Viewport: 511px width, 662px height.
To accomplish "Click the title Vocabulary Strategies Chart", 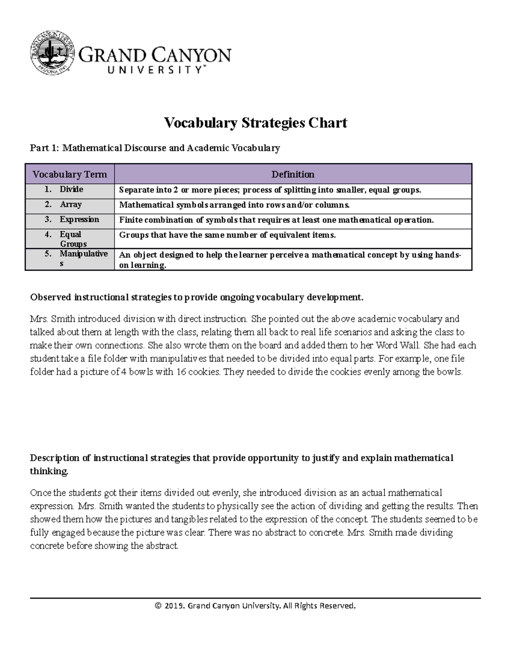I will point(255,123).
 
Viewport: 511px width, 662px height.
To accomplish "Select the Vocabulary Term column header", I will point(70,174).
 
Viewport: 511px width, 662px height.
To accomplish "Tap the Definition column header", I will point(293,174).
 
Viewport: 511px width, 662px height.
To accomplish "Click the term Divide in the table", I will point(71,189).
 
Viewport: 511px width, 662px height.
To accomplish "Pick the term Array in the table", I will point(71,205).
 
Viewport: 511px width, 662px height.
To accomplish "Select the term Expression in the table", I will point(79,220).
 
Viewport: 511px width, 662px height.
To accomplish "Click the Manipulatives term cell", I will point(83,259).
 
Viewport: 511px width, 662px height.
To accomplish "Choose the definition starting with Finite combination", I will point(276,220).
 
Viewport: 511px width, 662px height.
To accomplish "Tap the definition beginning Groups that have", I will point(227,235).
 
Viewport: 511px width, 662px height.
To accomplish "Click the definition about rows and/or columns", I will point(234,205).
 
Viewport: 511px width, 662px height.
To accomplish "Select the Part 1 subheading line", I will point(155,148).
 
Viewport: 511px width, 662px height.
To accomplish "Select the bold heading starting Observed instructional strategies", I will point(197,297).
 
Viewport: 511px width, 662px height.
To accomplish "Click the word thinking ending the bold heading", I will point(49,471).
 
